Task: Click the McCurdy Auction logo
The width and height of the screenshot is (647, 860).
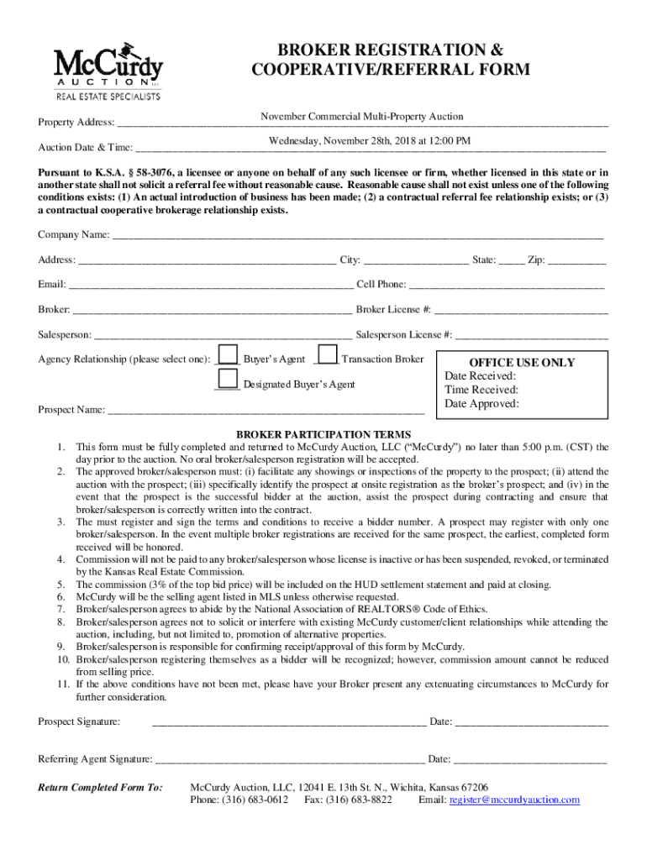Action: click(x=108, y=71)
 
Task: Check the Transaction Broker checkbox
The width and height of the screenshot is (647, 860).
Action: click(x=328, y=355)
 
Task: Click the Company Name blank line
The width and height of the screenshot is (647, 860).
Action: click(x=357, y=235)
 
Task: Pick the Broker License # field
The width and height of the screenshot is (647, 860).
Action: click(x=521, y=311)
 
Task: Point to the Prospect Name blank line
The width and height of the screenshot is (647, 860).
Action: click(x=266, y=411)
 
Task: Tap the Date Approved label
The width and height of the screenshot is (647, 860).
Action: click(x=482, y=404)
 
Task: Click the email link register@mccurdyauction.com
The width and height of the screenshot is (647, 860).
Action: click(x=514, y=800)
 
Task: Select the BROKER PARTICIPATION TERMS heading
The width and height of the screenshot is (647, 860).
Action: click(x=323, y=434)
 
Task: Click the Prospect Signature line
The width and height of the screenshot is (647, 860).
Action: click(x=288, y=722)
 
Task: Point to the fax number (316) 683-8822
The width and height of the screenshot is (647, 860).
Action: click(x=360, y=800)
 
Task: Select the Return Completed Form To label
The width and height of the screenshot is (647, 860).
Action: click(x=100, y=788)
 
